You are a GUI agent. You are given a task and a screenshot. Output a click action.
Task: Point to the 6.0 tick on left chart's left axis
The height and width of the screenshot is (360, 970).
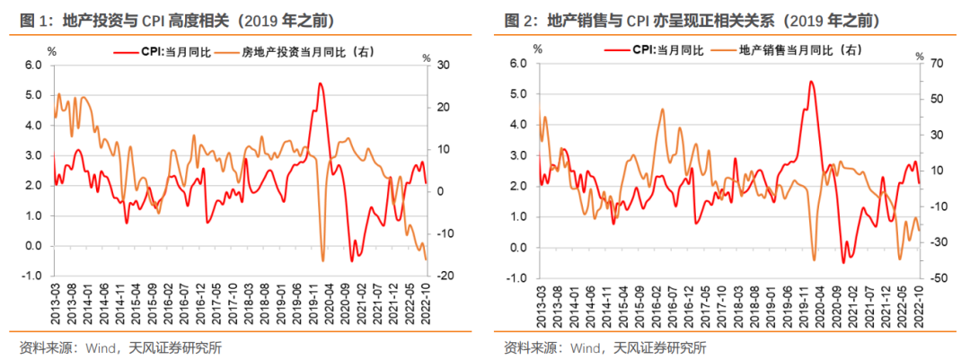pos(33,66)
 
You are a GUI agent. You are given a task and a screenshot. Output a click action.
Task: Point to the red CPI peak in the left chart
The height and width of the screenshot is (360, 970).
pos(321,83)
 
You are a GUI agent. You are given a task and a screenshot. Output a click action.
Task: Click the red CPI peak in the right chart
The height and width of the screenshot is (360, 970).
pos(810,82)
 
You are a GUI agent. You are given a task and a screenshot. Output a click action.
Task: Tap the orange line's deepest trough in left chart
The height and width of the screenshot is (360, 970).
pos(323,260)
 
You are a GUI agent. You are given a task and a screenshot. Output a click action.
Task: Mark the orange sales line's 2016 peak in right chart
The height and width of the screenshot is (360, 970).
pos(662,110)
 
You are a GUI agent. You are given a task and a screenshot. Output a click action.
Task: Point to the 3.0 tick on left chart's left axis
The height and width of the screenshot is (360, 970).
pos(33,156)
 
